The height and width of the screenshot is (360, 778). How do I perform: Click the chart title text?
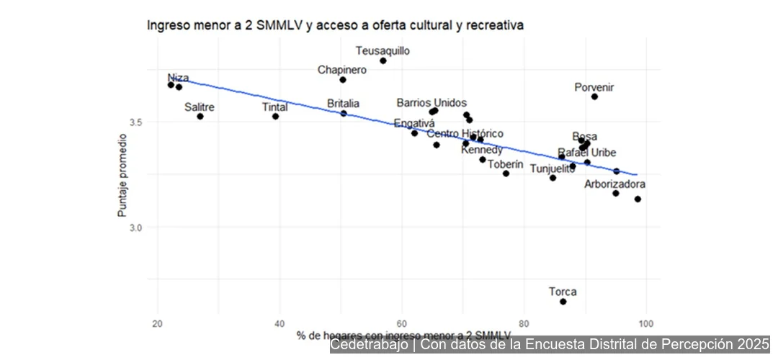(335, 25)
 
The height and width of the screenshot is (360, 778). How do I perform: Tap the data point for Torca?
(563, 302)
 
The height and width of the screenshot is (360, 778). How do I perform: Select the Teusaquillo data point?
(383, 60)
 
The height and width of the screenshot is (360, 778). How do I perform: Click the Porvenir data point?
(594, 96)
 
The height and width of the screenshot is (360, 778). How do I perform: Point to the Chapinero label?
(342, 70)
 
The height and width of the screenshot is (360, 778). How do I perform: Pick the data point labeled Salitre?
(200, 117)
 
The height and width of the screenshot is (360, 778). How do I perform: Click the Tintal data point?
(275, 117)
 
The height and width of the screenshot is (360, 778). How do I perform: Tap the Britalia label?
(343, 104)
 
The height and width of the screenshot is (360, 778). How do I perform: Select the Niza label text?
(178, 78)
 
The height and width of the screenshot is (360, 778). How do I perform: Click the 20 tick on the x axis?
(158, 322)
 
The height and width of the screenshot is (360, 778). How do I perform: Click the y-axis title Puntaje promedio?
(122, 175)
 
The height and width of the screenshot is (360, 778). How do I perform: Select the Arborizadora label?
(614, 184)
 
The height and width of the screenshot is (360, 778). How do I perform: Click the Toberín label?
(505, 164)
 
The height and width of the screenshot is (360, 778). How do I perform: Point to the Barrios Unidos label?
(432, 103)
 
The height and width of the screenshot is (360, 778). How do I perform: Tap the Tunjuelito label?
(553, 168)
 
